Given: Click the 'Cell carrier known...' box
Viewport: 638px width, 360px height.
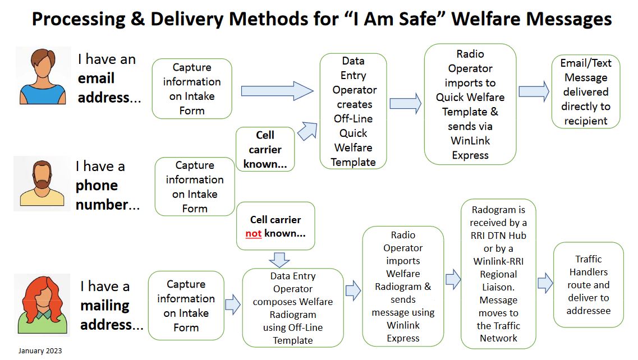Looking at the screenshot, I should pos(265,150).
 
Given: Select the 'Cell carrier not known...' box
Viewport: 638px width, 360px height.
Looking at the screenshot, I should pos(275,226).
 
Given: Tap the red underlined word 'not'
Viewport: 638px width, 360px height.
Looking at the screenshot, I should pos(254,233).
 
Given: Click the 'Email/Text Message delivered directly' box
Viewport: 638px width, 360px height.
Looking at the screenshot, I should pos(585,91).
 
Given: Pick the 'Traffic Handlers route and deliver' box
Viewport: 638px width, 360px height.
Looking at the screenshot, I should pos(588,284).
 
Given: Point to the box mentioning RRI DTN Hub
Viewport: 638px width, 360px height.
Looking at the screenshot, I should pos(498,274).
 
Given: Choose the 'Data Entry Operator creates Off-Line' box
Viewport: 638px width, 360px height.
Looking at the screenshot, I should pos(353,111).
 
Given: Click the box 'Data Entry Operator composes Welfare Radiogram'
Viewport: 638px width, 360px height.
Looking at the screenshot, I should pos(292,308).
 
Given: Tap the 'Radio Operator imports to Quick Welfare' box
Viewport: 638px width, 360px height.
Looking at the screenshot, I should pos(470,104).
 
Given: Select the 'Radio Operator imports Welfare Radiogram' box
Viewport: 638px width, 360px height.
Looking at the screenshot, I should pos(403,286).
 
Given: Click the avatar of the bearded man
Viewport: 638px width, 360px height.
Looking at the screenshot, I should pos(42,183).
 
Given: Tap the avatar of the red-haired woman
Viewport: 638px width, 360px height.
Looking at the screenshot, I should pos(42,303).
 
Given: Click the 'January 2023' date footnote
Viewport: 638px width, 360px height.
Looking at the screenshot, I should pos(40,351).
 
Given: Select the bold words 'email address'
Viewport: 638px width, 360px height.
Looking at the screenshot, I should pos(104,88).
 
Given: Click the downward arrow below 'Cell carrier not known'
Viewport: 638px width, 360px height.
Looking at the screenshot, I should pos(279,259).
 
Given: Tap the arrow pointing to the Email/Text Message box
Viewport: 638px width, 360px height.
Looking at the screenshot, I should pos(534,91).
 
